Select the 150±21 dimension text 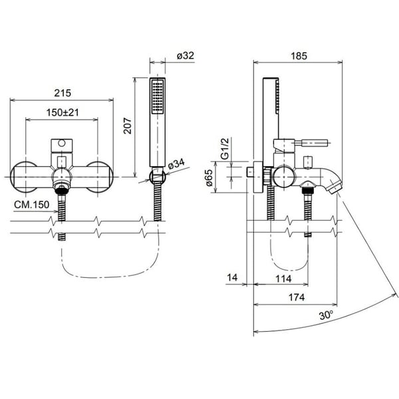pos(63,113)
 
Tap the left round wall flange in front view pos(25,178)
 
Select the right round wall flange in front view pos(98,178)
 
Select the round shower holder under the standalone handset pos(158,176)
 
